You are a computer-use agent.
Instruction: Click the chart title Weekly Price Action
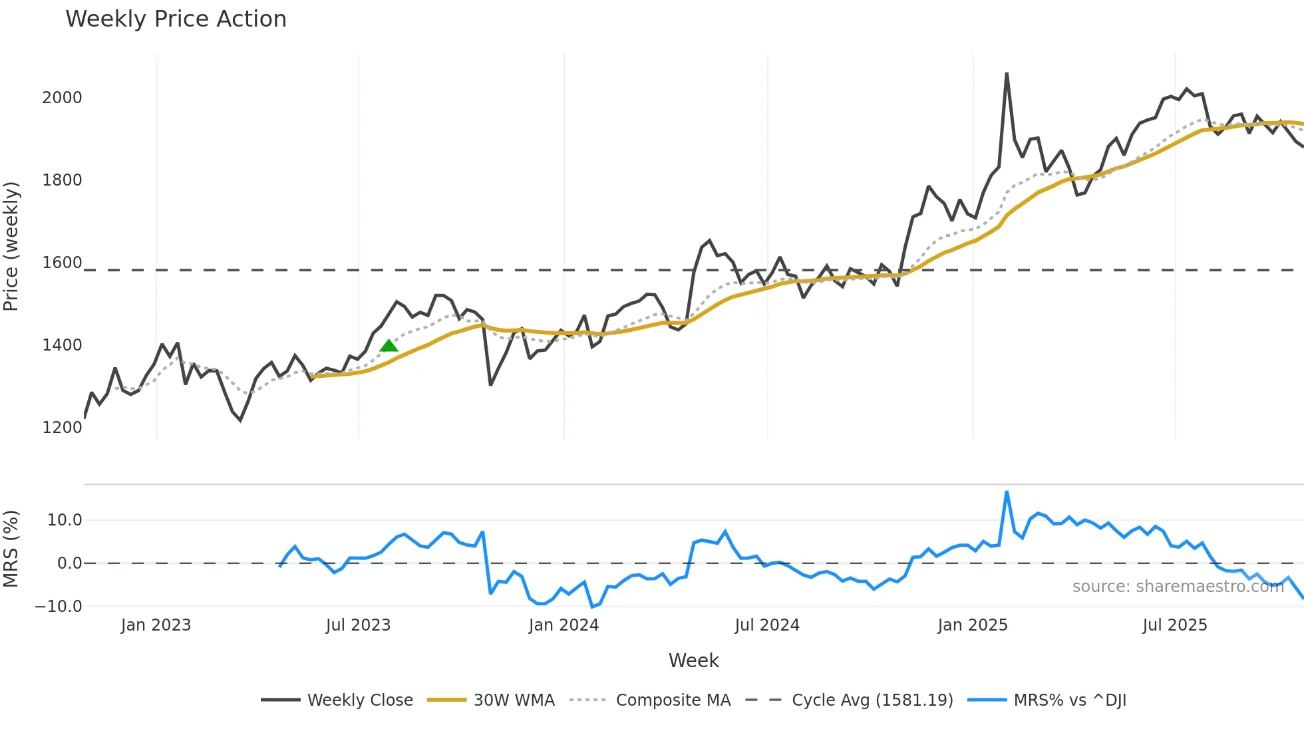click(x=176, y=19)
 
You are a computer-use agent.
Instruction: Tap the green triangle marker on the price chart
click(x=389, y=345)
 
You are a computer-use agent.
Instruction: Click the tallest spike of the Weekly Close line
click(x=1007, y=74)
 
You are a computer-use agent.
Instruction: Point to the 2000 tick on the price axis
click(x=62, y=98)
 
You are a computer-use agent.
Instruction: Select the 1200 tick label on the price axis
click(x=62, y=428)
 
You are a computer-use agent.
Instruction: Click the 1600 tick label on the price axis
click(x=62, y=263)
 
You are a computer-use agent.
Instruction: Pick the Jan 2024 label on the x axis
click(x=564, y=625)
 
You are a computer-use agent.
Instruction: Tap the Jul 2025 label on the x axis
click(x=1174, y=625)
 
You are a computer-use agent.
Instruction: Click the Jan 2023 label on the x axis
click(x=156, y=625)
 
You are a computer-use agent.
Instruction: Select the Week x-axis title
click(x=693, y=660)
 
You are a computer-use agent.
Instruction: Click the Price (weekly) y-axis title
click(x=11, y=246)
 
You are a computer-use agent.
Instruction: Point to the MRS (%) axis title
click(x=11, y=549)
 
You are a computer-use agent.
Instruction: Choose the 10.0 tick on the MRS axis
click(x=65, y=520)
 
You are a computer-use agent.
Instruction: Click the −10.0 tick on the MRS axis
click(x=59, y=607)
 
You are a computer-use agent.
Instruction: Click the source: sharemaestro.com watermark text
click(x=1178, y=587)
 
